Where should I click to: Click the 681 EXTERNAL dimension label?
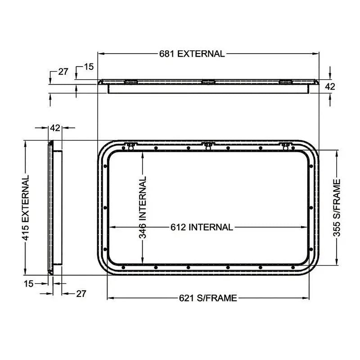click(192, 54)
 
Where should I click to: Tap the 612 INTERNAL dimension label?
click(202, 227)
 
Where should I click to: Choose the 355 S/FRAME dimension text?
click(337, 207)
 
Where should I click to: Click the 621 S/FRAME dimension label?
click(208, 298)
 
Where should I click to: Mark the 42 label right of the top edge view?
click(330, 87)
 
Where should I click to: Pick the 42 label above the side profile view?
click(55, 128)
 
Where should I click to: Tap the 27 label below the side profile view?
click(81, 294)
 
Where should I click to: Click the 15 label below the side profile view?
click(28, 283)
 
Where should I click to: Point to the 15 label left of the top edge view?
click(89, 67)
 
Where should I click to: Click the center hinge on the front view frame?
click(208, 145)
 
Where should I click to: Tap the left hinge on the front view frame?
click(130, 145)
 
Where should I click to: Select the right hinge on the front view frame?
click(285, 145)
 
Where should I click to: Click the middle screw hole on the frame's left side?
click(105, 207)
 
